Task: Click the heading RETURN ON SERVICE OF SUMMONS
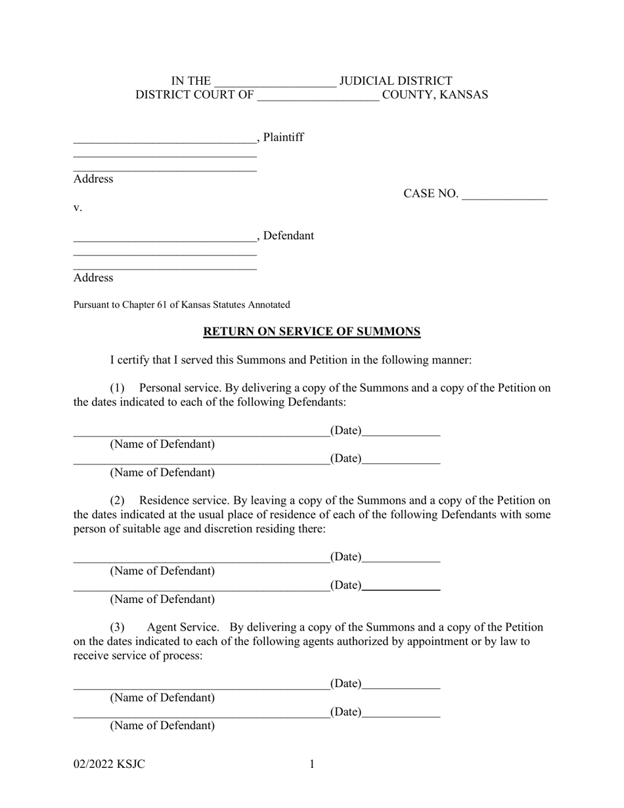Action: pos(311,332)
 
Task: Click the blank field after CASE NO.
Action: pos(504,194)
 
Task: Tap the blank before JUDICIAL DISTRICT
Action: pos(275,82)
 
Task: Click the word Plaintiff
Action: pos(284,137)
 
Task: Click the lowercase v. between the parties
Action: pos(78,208)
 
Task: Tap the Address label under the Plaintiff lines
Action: pos(93,179)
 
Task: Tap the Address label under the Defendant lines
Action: pos(93,277)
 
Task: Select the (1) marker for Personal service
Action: pos(117,388)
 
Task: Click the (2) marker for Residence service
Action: pos(117,501)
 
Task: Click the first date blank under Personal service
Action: pos(401,432)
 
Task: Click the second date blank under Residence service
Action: pos(401,586)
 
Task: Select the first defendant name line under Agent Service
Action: pos(201,685)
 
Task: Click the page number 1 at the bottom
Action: pos(312,764)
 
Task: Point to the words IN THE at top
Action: pos(191,81)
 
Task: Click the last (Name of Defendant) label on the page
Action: pos(162,725)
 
